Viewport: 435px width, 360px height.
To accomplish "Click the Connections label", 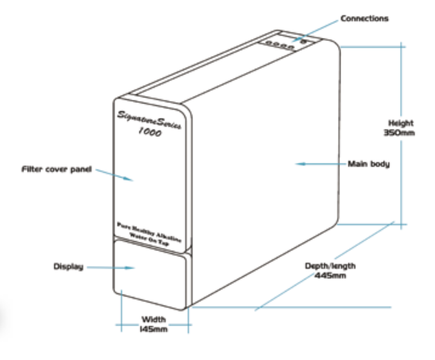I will tap(364, 19).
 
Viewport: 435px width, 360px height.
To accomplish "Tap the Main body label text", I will tap(368, 164).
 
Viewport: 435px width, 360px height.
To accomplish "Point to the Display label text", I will tap(68, 266).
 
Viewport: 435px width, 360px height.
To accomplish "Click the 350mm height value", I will tap(401, 132).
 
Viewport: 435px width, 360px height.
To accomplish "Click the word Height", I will tap(401, 123).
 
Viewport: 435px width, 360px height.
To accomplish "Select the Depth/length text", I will tap(330, 266).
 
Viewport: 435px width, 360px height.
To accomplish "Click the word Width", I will tap(154, 319).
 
